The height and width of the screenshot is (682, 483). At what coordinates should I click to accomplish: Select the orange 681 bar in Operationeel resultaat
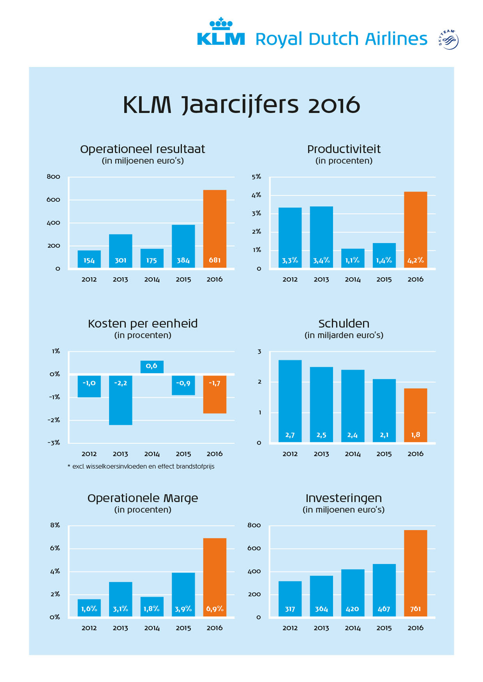click(215, 229)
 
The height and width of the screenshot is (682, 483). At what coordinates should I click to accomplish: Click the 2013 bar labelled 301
click(120, 251)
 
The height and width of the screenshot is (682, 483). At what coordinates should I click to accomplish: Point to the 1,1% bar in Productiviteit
click(352, 258)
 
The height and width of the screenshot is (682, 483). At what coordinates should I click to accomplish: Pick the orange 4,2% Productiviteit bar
click(416, 230)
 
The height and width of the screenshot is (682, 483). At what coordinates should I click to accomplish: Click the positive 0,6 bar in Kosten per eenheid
click(152, 366)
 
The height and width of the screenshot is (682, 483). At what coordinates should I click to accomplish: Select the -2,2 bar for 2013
click(120, 400)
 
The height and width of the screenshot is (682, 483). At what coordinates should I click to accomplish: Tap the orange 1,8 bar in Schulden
click(416, 415)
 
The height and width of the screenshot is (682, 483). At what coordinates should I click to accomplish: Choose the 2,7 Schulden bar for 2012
click(290, 401)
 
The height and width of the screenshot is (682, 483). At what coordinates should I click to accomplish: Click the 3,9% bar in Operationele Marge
click(183, 594)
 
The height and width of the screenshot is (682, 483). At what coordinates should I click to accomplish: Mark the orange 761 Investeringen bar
click(416, 573)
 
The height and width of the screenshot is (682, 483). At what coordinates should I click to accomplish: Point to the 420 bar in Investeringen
click(352, 593)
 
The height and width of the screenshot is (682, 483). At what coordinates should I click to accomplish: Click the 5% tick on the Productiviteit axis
click(256, 177)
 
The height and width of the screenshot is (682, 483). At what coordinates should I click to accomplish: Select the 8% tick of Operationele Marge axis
click(55, 525)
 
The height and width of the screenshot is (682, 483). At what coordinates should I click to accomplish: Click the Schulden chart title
click(344, 324)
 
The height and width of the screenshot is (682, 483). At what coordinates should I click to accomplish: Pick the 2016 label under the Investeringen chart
click(416, 628)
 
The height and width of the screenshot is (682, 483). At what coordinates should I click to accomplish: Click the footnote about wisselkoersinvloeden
click(142, 466)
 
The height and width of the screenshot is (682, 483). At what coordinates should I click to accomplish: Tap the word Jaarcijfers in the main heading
click(241, 105)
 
